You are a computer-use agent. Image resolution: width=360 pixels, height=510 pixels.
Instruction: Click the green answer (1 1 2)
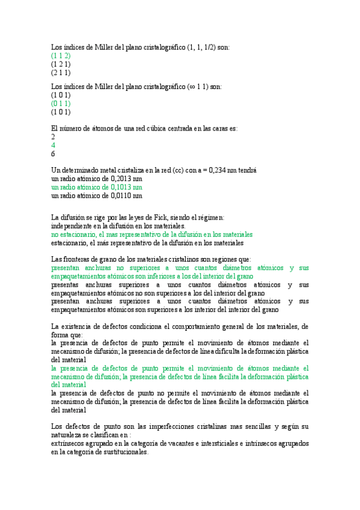[61, 55]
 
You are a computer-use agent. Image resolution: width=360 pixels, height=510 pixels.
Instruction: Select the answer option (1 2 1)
[61, 64]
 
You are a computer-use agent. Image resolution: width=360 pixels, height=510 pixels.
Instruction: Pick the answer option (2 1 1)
[61, 72]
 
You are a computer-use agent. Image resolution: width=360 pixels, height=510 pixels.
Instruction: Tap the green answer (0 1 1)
[61, 103]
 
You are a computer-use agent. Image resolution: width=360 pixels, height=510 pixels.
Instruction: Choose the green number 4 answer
[53, 145]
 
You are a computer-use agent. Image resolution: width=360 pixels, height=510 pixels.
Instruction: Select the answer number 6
[53, 153]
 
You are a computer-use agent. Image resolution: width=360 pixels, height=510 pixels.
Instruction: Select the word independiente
[70, 226]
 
